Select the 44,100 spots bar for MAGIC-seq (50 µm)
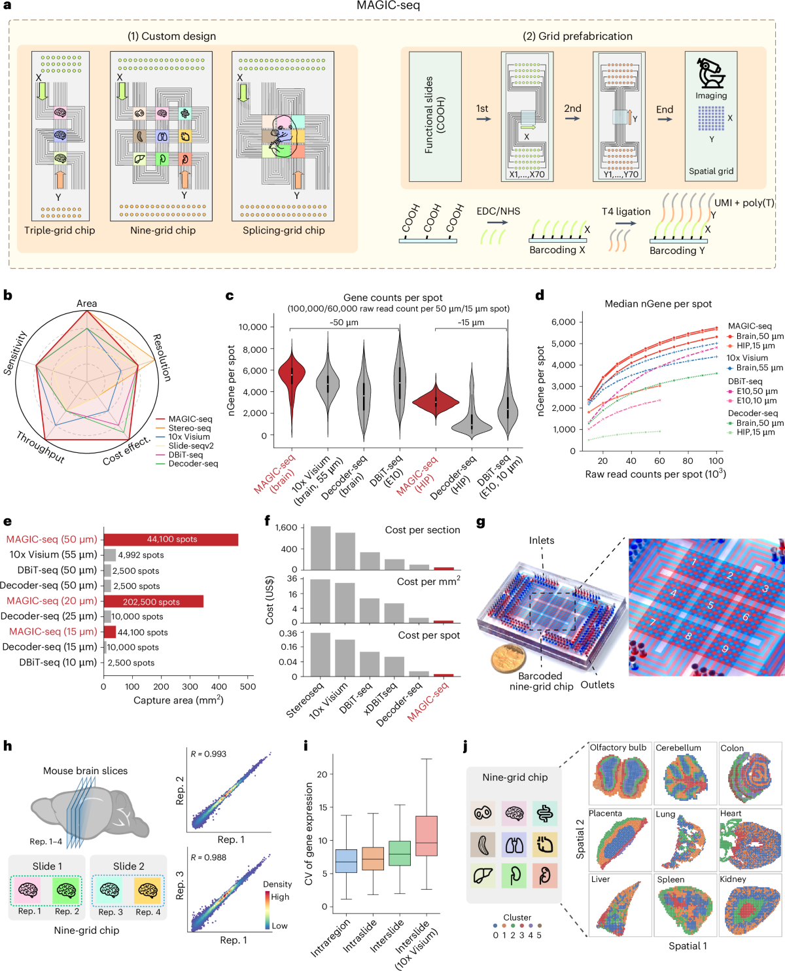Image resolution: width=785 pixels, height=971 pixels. [171, 539]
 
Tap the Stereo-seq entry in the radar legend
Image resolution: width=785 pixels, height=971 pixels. [189, 428]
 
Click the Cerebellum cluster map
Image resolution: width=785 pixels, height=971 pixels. [685, 778]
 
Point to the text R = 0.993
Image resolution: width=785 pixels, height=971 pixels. [209, 754]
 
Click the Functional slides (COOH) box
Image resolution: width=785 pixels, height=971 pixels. [435, 116]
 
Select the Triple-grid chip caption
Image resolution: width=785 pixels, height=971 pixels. [60, 230]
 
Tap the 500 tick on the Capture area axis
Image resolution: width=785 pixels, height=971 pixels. [248, 686]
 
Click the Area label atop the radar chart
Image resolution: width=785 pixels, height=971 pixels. [86, 304]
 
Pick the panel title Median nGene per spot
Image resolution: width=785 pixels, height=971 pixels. [658, 304]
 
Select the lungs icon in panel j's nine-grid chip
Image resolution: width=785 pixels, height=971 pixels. [514, 845]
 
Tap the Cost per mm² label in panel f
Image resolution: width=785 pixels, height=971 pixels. [428, 581]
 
